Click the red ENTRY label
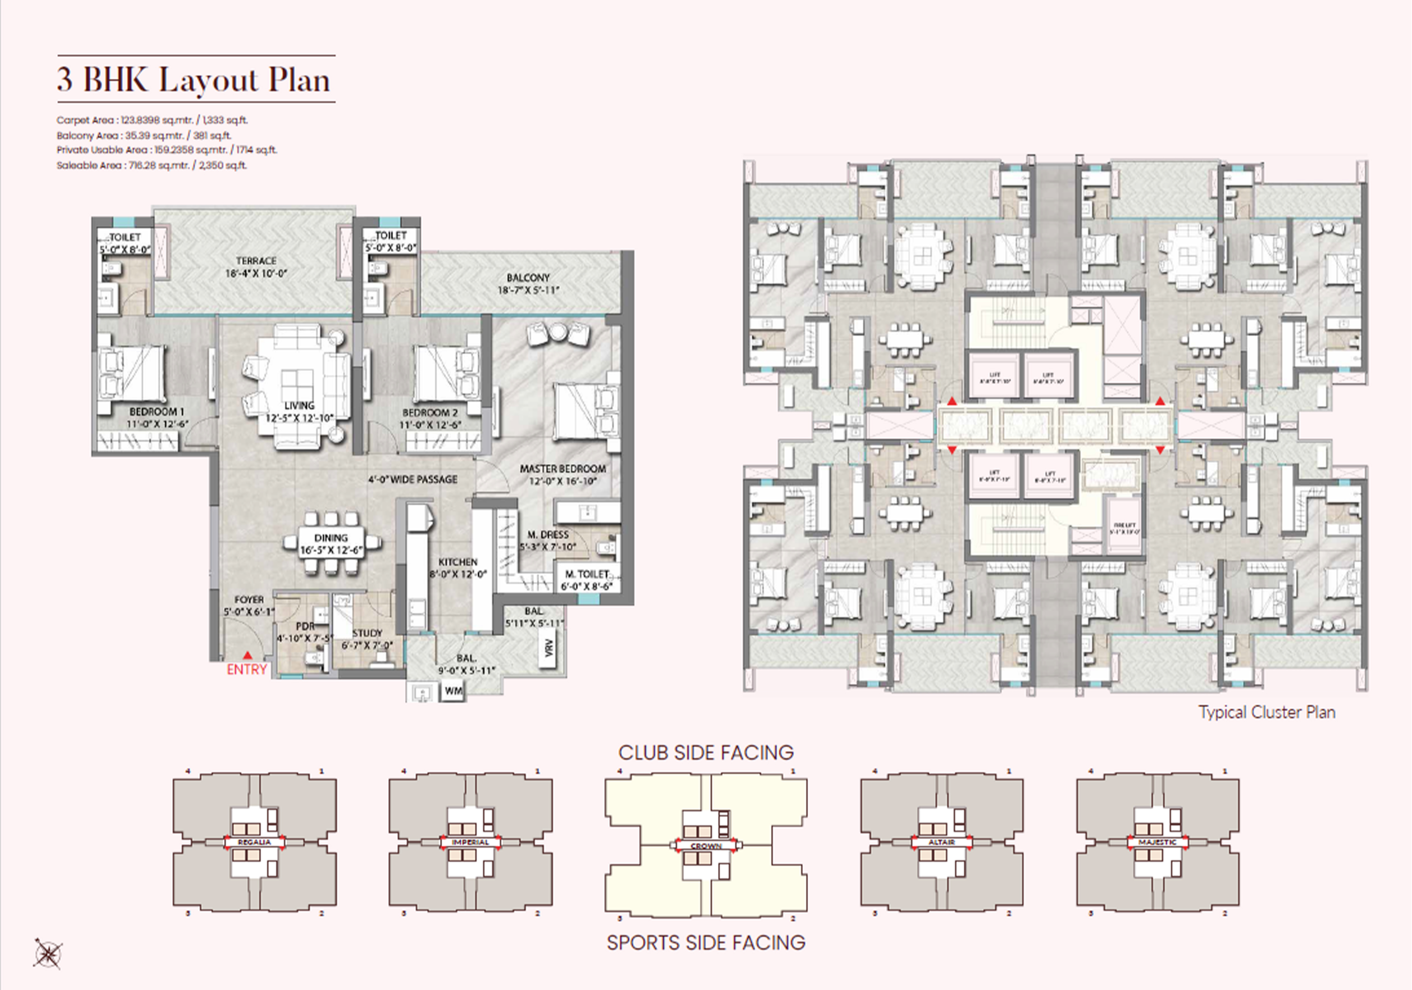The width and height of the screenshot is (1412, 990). (247, 670)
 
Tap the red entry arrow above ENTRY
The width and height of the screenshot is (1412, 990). (247, 656)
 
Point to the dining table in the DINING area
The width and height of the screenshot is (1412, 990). (331, 544)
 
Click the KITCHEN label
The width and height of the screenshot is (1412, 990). (457, 562)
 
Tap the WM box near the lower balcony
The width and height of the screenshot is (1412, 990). (453, 691)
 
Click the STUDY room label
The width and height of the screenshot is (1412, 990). (367, 633)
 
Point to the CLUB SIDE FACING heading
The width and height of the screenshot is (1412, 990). (706, 753)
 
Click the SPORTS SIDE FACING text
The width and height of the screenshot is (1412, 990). (706, 943)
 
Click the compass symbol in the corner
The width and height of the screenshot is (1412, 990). (47, 954)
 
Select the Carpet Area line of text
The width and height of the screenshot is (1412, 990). (152, 121)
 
